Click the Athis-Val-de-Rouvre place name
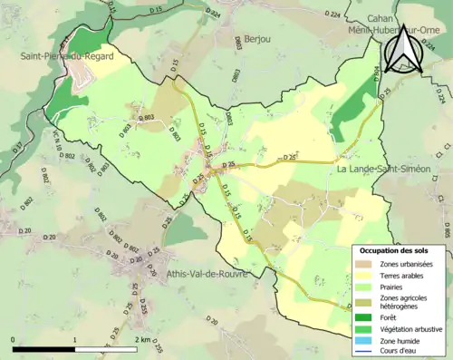207,274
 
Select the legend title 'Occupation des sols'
400,250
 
